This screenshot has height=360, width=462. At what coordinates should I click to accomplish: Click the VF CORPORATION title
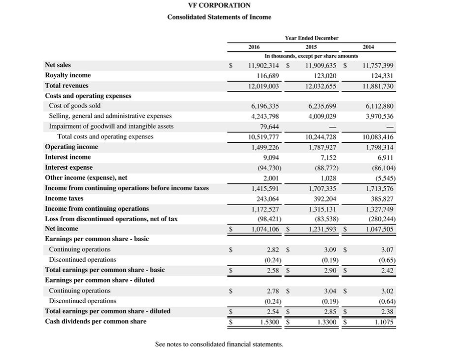pos(219,5)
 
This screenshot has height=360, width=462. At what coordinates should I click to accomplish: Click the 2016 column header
pos(254,47)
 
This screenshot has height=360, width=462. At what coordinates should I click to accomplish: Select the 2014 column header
pos(369,47)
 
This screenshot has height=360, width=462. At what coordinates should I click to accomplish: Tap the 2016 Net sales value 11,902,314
pos(264,65)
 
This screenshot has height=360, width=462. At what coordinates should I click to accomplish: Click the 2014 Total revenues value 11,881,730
pos(378,86)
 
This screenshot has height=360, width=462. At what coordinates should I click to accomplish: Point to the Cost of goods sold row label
pos(75,106)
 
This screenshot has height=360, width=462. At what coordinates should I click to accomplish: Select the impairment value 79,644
pos(268,126)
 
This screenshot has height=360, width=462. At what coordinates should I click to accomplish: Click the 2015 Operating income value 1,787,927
pos(323,147)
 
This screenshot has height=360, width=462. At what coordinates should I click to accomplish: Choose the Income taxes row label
pos(64,198)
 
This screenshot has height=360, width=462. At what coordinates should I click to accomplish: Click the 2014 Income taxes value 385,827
pos(382,198)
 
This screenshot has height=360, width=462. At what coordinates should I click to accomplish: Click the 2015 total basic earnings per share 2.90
pos(329,270)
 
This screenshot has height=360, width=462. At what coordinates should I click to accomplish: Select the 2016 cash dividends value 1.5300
pos(269,322)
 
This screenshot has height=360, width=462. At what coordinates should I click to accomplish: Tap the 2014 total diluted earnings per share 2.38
pos(387,312)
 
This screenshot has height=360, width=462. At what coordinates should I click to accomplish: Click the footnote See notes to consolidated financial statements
pos(219,344)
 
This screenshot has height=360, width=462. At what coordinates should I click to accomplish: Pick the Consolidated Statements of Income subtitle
pos(219,17)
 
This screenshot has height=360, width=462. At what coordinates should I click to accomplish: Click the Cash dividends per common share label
pos(95,321)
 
